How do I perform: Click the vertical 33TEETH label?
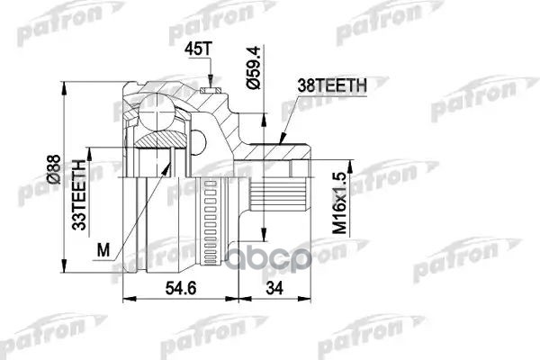click(x=79, y=193)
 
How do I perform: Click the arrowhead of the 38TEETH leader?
click(x=282, y=141)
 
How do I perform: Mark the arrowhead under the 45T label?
click(x=210, y=82)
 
